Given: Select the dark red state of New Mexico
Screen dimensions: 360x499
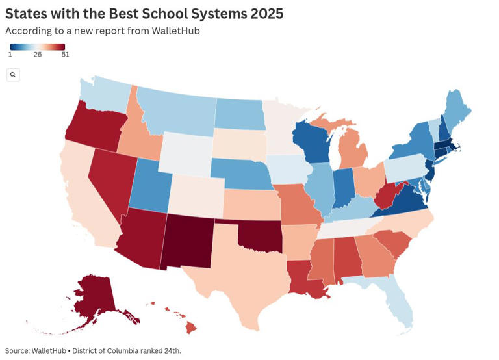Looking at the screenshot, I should click(x=189, y=242).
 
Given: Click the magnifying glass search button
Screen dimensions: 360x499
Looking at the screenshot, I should click(x=13, y=75).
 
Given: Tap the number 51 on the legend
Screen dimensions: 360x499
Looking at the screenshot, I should click(x=65, y=55).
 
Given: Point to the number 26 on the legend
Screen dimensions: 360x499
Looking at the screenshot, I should click(x=38, y=55).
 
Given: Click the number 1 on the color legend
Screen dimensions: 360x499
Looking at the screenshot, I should click(x=10, y=55).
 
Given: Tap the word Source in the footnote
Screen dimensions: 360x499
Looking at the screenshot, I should click(x=18, y=351).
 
